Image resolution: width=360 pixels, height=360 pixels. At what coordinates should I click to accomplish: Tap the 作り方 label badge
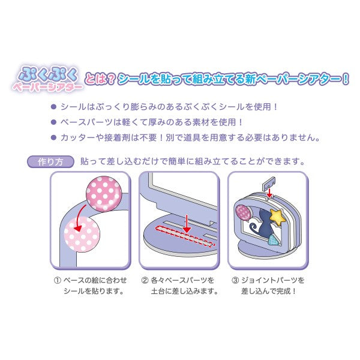50,162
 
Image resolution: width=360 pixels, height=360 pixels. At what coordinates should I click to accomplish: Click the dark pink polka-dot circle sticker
104,193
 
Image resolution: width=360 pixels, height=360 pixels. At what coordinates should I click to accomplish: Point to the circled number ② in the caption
145,280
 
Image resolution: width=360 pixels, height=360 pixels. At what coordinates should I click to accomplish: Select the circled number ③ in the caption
235,280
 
